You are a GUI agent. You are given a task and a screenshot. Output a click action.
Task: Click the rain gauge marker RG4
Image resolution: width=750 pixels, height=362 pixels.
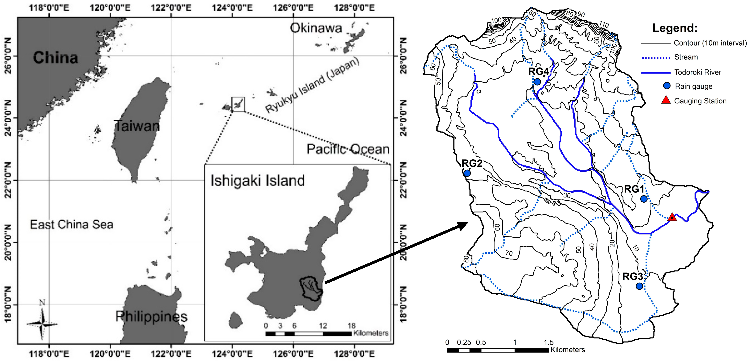click(537, 82)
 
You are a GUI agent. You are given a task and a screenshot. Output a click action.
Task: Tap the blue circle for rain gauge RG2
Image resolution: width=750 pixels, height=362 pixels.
click(467, 173)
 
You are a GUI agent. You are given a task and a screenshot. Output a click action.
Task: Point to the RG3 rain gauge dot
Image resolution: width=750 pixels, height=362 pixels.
click(639, 286)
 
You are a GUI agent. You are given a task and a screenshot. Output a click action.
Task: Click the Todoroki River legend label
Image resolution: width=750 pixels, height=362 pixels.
click(698, 72)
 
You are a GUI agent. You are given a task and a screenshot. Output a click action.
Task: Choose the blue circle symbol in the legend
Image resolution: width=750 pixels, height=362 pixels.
click(667, 86)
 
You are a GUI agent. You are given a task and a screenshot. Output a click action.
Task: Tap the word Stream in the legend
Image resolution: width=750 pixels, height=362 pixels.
click(686, 57)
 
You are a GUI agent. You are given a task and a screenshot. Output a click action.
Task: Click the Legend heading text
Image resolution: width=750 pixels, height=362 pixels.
click(675, 28)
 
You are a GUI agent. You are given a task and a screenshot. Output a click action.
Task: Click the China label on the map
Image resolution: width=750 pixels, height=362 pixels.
click(56, 57)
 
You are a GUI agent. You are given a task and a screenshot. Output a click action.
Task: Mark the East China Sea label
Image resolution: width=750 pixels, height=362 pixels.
click(72, 224)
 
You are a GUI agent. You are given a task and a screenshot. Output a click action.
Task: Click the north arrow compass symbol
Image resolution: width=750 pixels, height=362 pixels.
click(42, 324)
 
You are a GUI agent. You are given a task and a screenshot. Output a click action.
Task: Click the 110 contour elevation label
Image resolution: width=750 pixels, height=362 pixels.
click(604, 25)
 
